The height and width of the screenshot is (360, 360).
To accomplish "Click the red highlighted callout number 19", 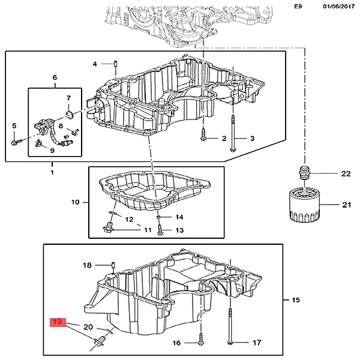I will [x=57, y=323].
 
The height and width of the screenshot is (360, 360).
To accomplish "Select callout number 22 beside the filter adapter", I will [x=345, y=174].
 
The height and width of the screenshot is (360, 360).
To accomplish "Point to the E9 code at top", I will [x=298, y=6].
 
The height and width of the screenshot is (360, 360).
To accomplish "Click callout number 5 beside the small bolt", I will [x=14, y=125].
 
